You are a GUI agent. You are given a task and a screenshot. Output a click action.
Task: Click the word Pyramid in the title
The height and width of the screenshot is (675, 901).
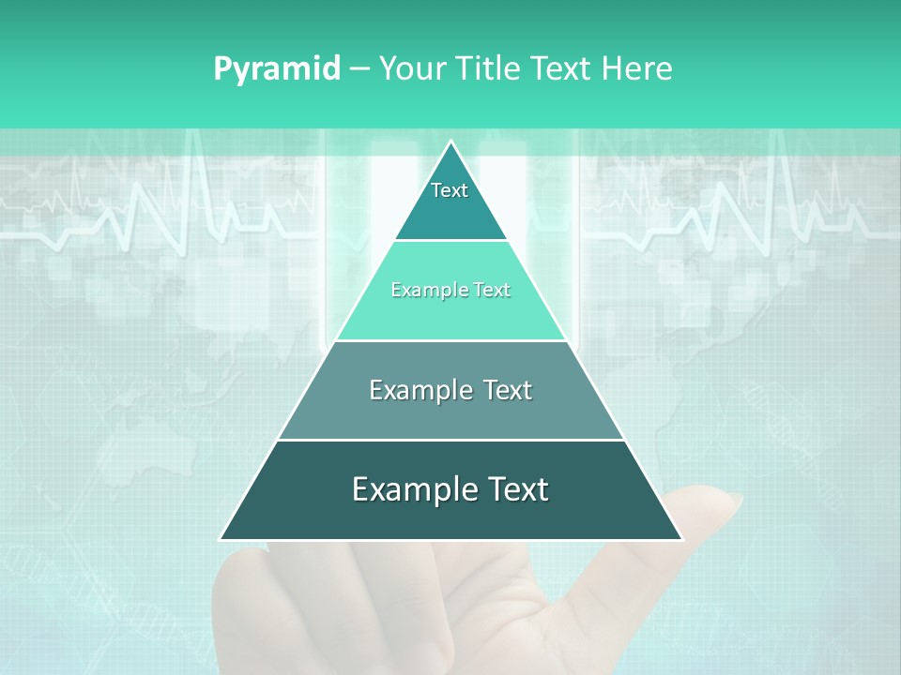tap(277, 69)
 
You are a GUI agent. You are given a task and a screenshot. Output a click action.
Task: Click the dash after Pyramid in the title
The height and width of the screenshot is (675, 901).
tap(359, 69)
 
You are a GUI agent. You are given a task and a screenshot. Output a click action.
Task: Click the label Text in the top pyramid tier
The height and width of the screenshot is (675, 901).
tap(450, 190)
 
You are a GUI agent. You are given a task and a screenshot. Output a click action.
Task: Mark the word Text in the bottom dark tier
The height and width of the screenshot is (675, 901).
tap(518, 489)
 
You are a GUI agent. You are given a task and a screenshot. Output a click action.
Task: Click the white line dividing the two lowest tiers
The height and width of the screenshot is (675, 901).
tap(450, 440)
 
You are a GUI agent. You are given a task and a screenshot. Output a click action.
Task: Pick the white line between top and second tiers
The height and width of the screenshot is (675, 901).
tap(450, 240)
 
